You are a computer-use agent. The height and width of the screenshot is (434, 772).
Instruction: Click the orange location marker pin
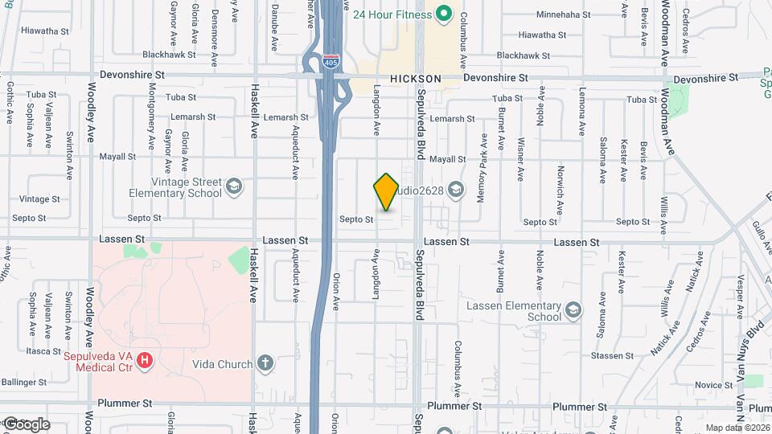point(386,192)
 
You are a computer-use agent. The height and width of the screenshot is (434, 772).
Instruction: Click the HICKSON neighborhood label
point(416,79)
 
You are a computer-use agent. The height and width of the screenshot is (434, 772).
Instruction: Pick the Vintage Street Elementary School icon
point(233,187)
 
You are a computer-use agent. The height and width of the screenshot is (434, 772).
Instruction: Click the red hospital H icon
point(145,361)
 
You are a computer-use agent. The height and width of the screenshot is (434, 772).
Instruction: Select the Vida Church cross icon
point(266,364)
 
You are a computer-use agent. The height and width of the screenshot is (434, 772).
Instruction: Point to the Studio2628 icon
point(455,190)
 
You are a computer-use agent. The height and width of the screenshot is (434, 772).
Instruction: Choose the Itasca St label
point(43,351)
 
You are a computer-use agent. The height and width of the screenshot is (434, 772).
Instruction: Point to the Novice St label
point(713,385)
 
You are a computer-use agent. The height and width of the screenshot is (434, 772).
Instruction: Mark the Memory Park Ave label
point(482,168)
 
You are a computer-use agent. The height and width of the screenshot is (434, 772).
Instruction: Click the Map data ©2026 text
point(737,428)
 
